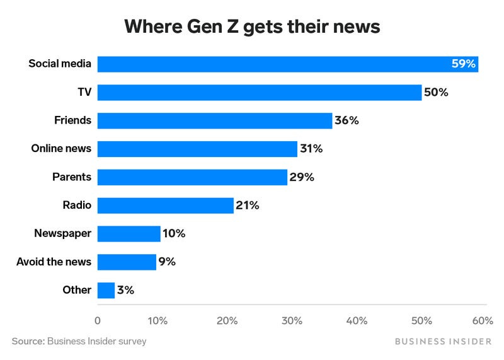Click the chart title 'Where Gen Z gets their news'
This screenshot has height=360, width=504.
click(252, 26)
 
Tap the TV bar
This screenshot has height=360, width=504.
click(259, 92)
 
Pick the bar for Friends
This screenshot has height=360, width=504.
click(214, 120)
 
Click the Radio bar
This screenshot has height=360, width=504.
click(165, 206)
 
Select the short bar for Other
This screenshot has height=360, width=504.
click(106, 290)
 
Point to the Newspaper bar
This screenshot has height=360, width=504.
click(129, 234)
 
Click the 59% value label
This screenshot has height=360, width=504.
click(464, 64)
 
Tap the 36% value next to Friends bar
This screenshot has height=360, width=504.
click(346, 120)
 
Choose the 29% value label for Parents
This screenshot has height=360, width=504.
click(301, 177)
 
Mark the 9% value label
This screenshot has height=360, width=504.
click(167, 262)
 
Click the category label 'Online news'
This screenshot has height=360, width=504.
click(61, 149)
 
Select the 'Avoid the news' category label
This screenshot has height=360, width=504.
click(54, 262)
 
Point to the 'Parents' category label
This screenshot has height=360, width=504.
click(71, 177)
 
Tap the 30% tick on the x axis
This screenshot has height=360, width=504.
click(292, 321)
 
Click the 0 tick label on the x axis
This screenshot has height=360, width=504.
click(98, 321)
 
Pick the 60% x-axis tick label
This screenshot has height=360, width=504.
click(483, 321)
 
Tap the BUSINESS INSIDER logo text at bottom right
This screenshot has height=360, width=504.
click(443, 341)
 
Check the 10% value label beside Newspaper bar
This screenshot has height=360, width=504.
click(173, 234)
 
